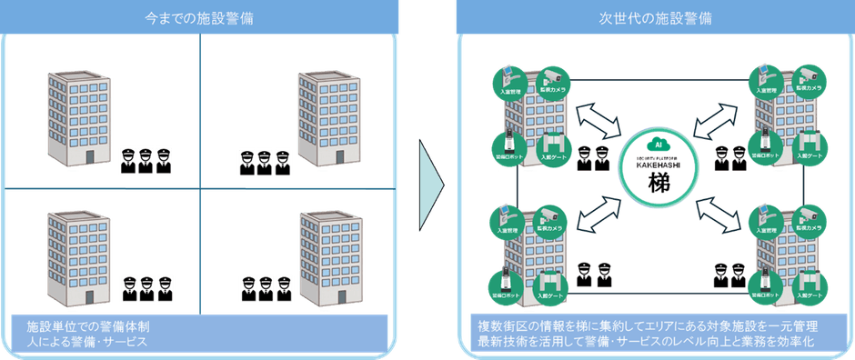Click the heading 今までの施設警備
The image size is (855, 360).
[x=200, y=16]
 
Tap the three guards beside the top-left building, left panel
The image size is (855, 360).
[x=146, y=161]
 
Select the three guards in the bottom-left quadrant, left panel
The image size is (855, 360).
[x=146, y=288]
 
